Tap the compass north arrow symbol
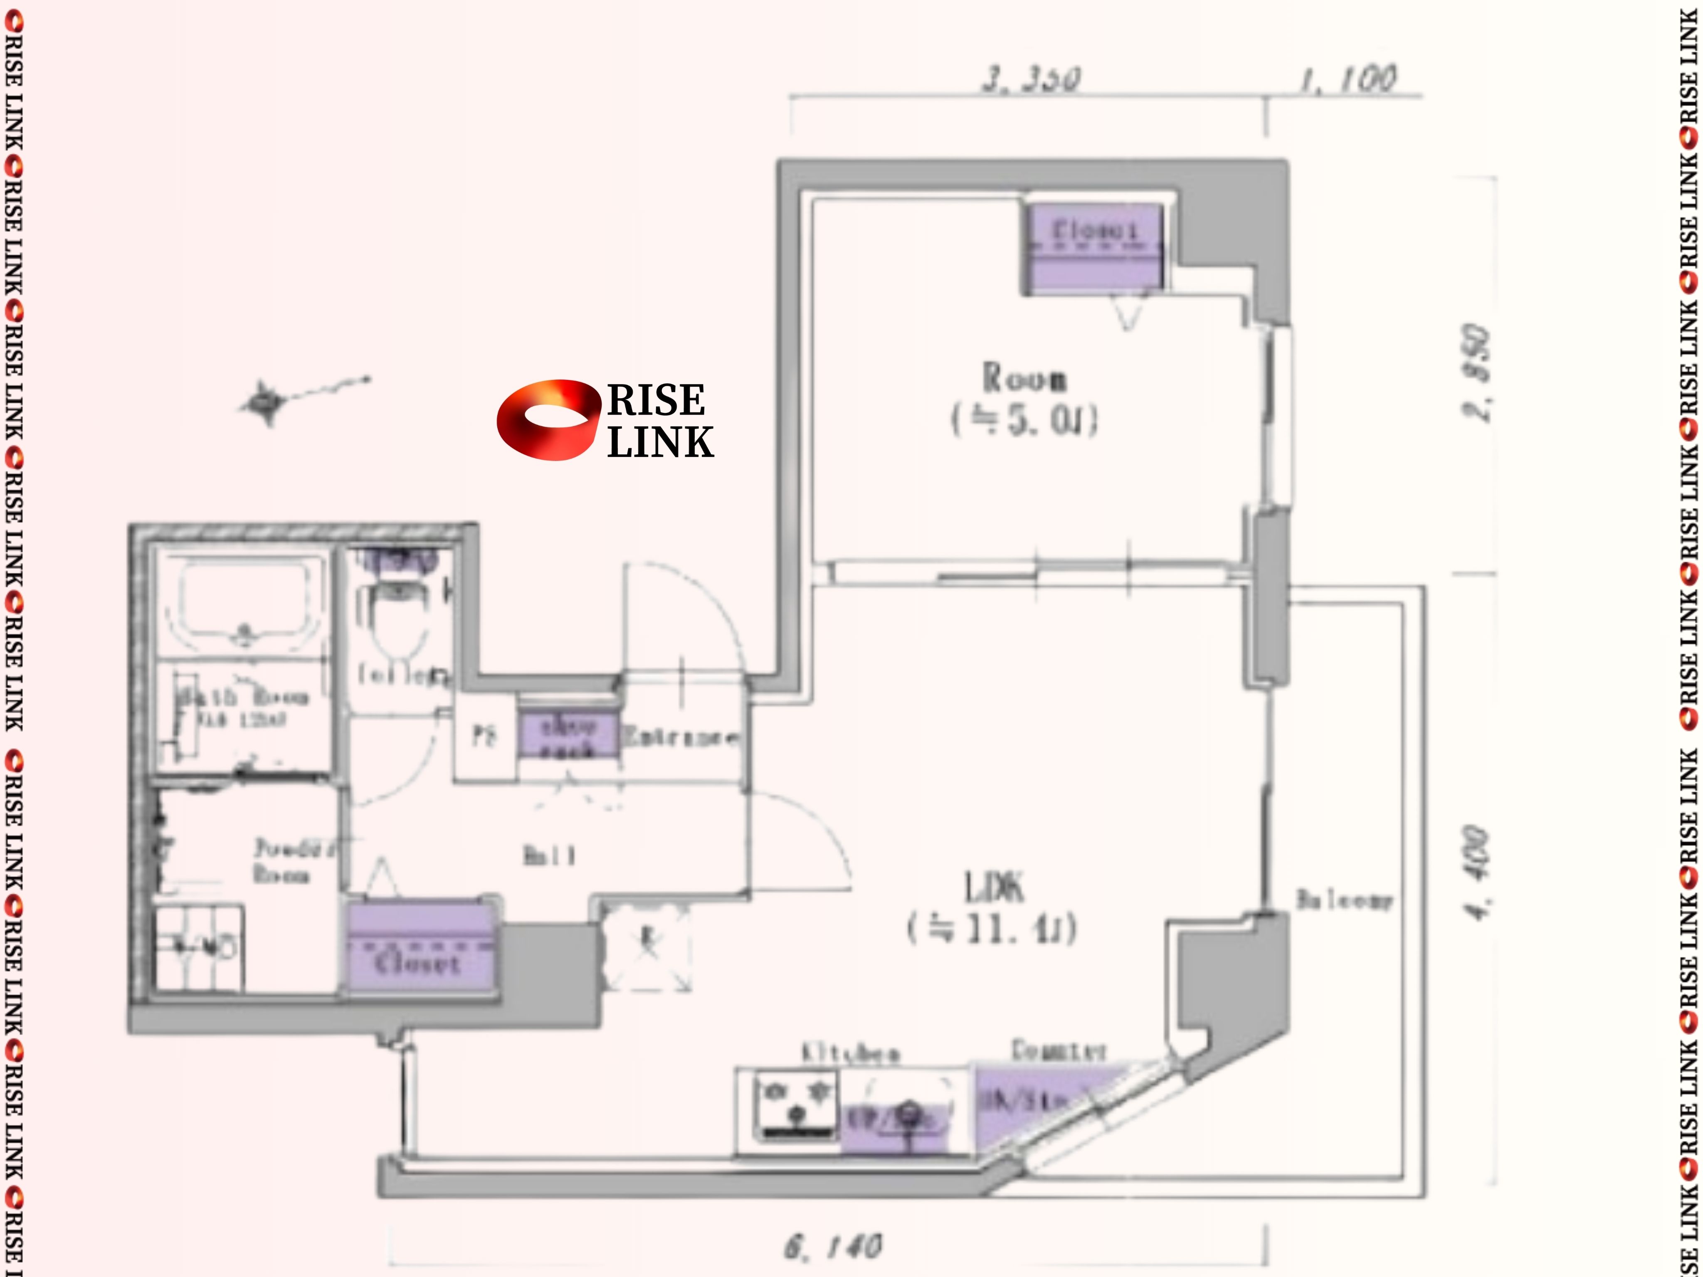tap(266, 402)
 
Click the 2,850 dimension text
tap(1477, 373)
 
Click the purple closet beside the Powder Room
tap(420, 947)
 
